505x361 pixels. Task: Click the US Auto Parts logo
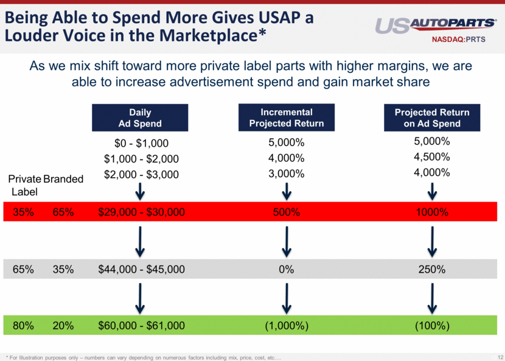coord(435,25)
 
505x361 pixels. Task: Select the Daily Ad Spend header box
coord(140,118)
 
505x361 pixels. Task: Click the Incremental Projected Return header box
coord(286,117)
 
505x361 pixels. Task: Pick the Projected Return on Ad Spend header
coord(432,118)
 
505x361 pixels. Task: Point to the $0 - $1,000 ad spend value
coord(141,143)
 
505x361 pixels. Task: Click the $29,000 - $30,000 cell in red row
coord(141,212)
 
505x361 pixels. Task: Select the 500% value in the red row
coord(286,212)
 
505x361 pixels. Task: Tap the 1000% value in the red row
coord(432,212)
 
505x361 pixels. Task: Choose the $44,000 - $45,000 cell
coord(141,269)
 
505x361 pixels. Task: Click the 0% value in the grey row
coord(286,269)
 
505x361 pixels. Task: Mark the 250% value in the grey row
coord(432,269)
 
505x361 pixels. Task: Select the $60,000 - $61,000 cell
coord(141,326)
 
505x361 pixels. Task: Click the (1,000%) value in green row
coord(286,326)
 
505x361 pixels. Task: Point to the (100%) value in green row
coord(432,326)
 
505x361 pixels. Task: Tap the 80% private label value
coord(23,326)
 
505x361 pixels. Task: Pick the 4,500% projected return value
coord(432,156)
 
